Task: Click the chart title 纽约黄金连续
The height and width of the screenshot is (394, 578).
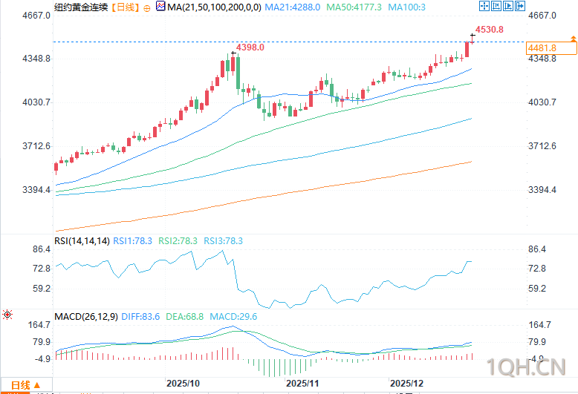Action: (78, 7)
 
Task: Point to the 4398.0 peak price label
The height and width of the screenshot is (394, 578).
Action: (250, 47)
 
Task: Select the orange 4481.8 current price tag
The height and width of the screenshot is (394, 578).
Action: (542, 47)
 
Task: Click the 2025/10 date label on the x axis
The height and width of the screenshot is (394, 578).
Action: (183, 384)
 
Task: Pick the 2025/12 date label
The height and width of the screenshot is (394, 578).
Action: (407, 384)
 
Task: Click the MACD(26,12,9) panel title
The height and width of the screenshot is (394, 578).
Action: (86, 317)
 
